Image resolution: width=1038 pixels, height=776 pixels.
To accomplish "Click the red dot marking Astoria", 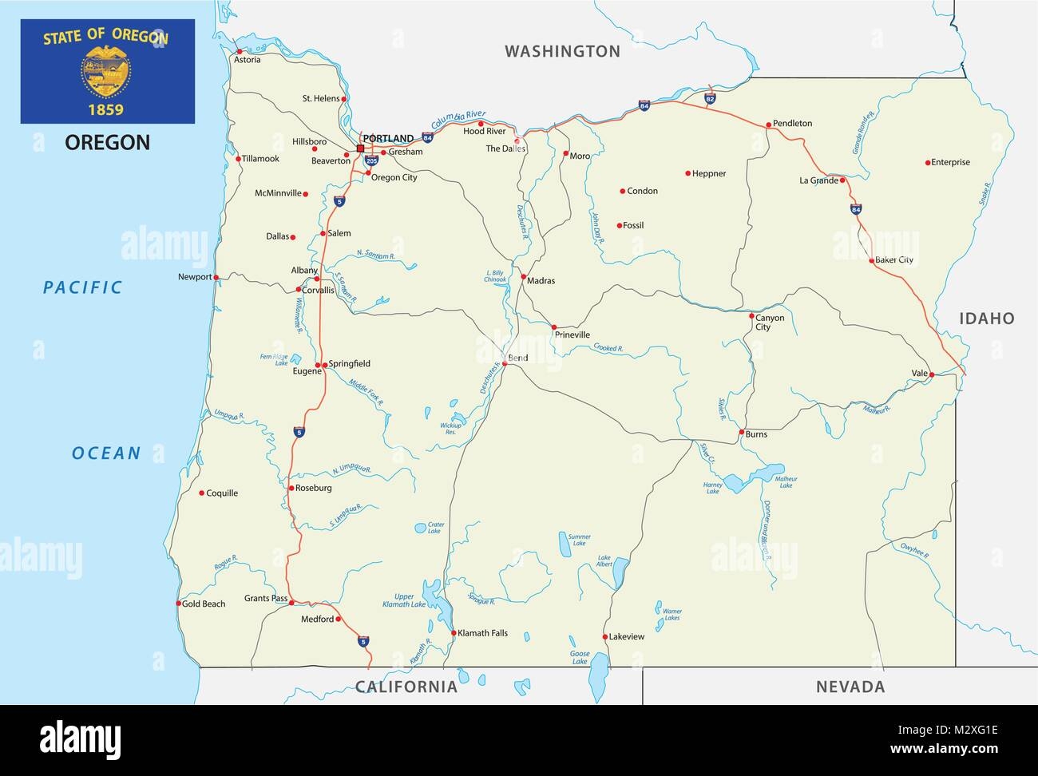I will coord(239,52).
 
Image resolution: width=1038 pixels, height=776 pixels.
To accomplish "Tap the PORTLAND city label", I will coord(388,139).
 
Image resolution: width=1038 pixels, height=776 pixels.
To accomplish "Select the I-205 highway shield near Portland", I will coord(371,160).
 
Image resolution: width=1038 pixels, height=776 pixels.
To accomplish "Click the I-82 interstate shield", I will coord(711,98).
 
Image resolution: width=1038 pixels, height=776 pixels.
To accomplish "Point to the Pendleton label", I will coord(792,124).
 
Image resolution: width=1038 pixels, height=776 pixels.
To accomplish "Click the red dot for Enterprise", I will coord(927,163).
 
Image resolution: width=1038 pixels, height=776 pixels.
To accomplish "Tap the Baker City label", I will coord(894,260).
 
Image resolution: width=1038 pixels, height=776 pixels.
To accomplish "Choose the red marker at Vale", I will coord(932,374).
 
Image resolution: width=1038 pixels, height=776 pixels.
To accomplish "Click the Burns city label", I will coord(755,434).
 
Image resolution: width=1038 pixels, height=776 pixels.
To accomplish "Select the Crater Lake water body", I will coord(420,528).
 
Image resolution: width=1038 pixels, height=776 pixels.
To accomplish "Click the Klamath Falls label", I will coord(483,633).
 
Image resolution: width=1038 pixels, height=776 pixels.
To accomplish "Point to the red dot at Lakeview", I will coord(605,637).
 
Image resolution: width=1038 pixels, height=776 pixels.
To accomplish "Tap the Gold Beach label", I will coord(204,604).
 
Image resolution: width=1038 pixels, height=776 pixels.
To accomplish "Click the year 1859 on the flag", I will coord(106,108).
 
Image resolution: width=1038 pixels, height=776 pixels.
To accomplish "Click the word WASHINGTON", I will coord(562,51).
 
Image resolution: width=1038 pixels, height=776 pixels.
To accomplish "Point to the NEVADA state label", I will coord(850,687).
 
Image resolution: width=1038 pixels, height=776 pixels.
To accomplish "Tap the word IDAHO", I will coord(987,319).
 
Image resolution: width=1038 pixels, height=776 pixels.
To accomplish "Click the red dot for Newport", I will coord(216,277).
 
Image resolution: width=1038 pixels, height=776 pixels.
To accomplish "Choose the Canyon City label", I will coord(770,323).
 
